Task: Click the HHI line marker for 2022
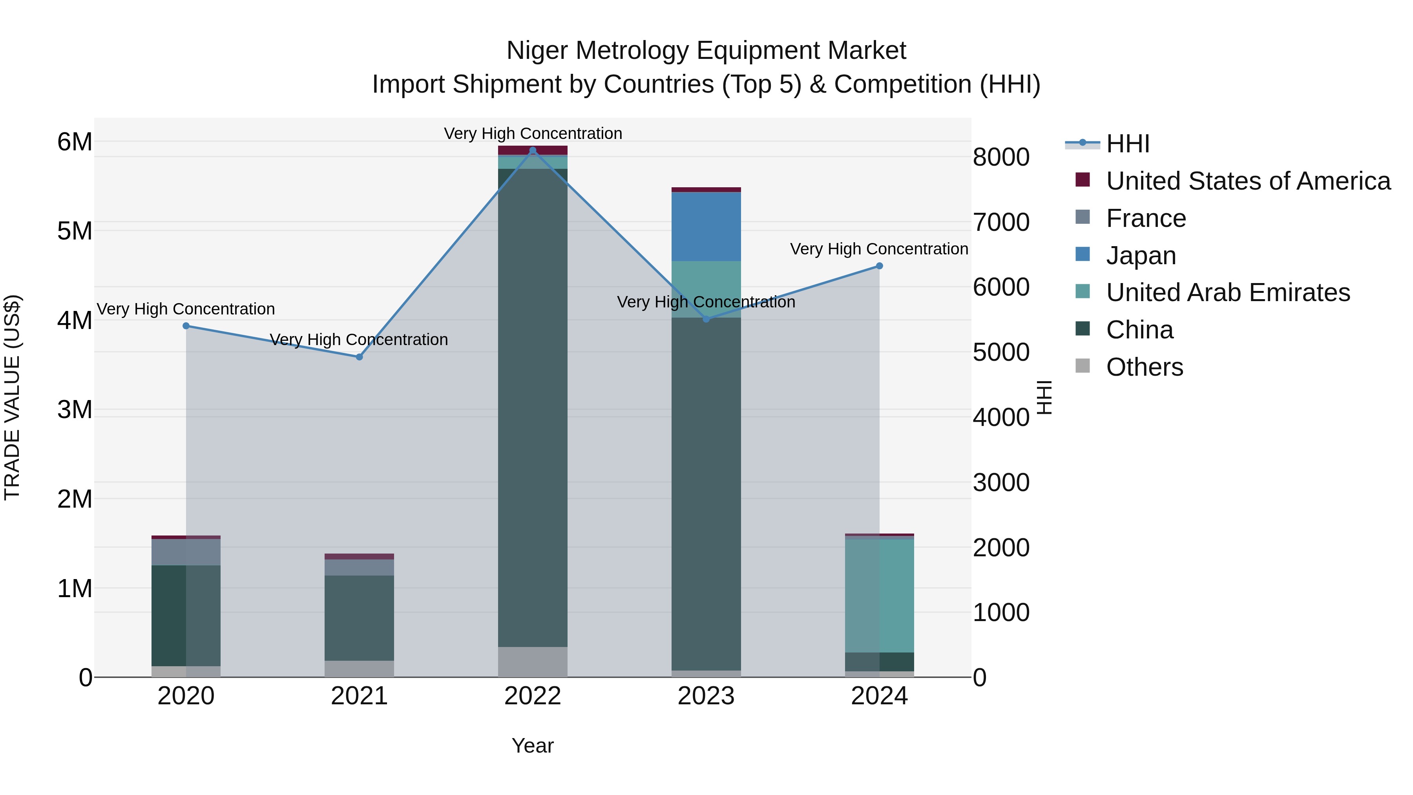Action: coord(533,150)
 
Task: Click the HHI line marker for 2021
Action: coord(359,357)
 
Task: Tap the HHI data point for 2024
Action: coord(879,266)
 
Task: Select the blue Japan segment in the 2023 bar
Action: coord(706,227)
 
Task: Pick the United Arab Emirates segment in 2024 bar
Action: coord(879,595)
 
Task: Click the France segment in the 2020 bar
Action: coord(186,552)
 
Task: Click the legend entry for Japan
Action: coord(1141,256)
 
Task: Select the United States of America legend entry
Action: coord(1248,181)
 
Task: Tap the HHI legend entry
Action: coord(1127,144)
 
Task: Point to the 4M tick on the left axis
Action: coord(75,320)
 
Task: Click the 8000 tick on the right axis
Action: coord(1000,157)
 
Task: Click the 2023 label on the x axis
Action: coord(706,696)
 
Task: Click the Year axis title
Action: coord(533,746)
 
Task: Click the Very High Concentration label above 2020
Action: coord(186,309)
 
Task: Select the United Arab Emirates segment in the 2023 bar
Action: coord(706,289)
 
